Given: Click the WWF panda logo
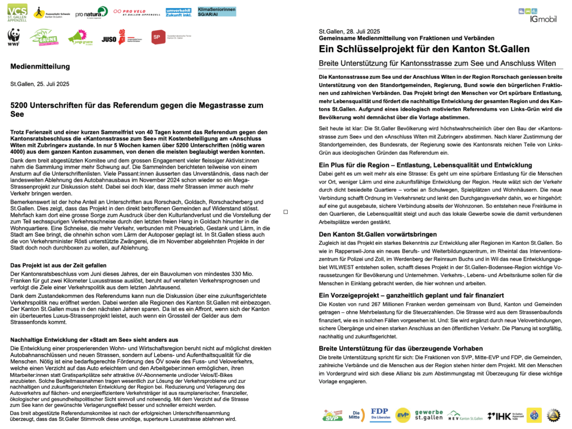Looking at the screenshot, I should (14, 37).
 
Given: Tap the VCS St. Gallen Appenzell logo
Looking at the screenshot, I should (17, 13).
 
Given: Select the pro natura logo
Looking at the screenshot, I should (91, 13).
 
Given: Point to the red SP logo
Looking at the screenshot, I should (158, 37).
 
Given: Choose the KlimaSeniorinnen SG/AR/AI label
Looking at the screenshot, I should (217, 12).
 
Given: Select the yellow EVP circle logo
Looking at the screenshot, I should (403, 415).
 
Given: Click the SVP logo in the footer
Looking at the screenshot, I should (332, 416).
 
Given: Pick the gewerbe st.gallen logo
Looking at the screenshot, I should (429, 415).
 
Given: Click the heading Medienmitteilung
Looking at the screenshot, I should (40, 66).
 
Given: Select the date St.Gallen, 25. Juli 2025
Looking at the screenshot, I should (40, 84).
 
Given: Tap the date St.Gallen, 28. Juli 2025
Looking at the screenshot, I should (349, 31).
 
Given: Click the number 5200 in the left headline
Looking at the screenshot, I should (19, 105).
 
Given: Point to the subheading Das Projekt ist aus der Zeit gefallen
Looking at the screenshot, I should (58, 265).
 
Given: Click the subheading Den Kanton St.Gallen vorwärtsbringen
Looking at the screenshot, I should (378, 235).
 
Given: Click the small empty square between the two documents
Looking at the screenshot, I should (286, 212).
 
